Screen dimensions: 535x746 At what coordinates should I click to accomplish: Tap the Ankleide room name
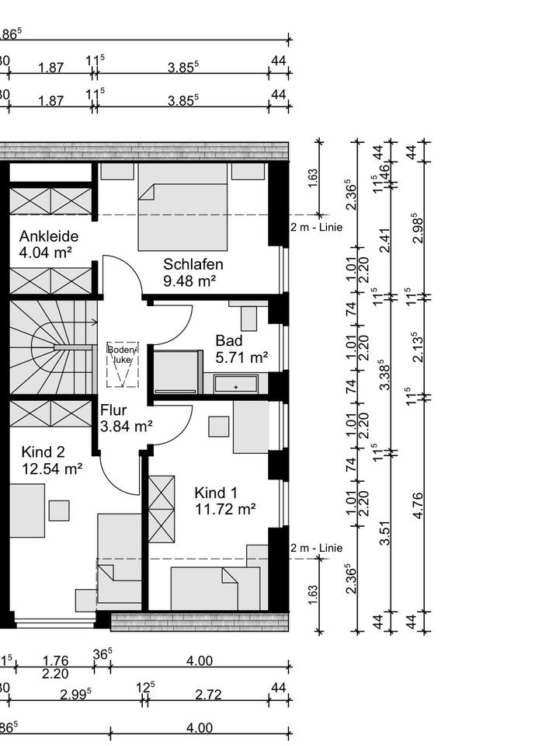pyautogui.click(x=49, y=236)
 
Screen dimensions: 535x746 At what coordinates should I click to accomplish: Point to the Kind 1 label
pyautogui.click(x=216, y=493)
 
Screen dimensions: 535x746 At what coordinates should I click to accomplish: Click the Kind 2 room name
pyautogui.click(x=43, y=451)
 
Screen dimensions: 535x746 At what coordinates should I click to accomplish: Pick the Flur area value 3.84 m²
pyautogui.click(x=127, y=426)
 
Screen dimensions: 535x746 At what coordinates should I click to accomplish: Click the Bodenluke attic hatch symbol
pyautogui.click(x=123, y=364)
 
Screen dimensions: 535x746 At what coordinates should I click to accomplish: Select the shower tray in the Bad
pyautogui.click(x=178, y=373)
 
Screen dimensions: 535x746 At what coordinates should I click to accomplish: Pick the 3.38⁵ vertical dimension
pyautogui.click(x=385, y=373)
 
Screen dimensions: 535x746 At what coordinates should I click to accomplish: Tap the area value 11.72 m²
pyautogui.click(x=225, y=510)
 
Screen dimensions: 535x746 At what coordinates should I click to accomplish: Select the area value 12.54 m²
pyautogui.click(x=52, y=469)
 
